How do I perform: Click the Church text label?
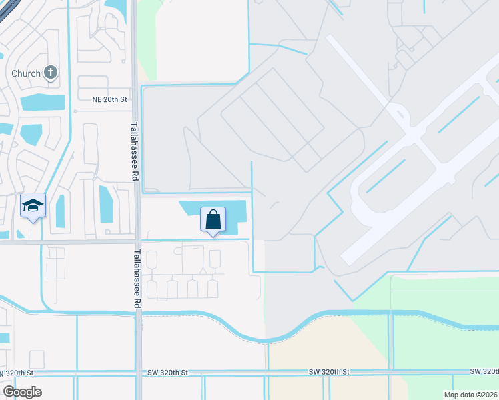click(x=27, y=73)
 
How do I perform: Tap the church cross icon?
click(x=51, y=72)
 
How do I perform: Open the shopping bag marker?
click(x=213, y=219)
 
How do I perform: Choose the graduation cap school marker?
click(x=33, y=206)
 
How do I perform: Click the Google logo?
click(x=22, y=392)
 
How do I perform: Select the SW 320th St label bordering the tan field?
click(x=330, y=371)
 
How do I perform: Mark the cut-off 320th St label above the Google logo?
click(x=16, y=372)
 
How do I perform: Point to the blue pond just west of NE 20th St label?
click(x=43, y=103)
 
